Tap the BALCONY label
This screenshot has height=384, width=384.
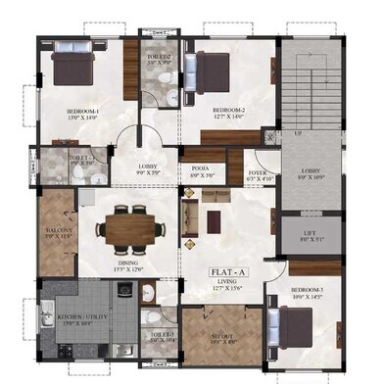(55, 230)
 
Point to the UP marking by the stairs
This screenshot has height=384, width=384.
(298, 133)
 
